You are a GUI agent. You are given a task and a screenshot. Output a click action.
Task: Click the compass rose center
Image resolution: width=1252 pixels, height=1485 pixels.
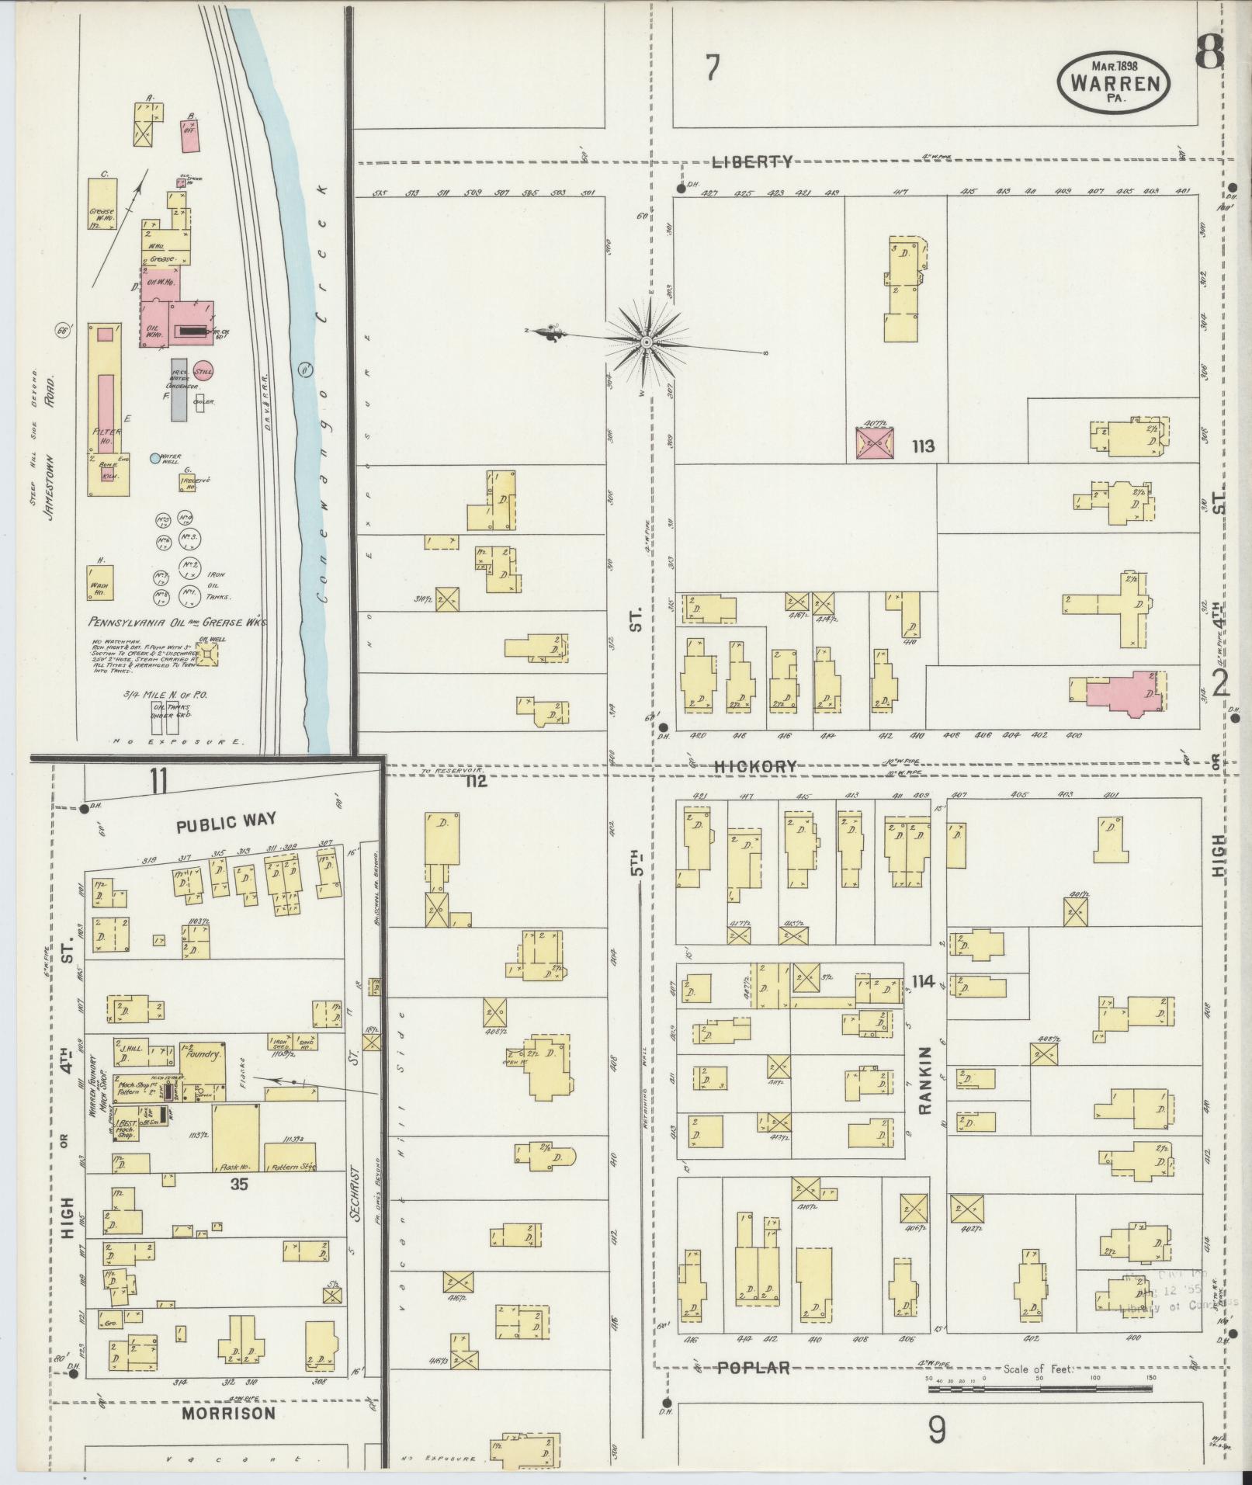point(646,342)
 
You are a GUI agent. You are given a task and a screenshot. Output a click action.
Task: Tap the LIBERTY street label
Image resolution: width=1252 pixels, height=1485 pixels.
point(753,161)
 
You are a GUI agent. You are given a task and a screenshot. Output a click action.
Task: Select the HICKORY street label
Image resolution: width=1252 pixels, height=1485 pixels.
point(755,766)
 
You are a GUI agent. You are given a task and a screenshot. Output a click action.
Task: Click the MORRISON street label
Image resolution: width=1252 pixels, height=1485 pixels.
point(228,1413)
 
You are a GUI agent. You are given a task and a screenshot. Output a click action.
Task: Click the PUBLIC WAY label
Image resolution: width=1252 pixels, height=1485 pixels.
point(226,821)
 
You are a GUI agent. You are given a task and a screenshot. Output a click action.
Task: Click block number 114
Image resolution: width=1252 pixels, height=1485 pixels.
point(924,981)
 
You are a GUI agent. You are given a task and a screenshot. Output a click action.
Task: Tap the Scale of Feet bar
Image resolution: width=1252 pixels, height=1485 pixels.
point(1039,1386)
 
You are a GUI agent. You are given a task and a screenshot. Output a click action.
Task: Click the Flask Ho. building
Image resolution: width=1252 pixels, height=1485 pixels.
point(237,1138)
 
